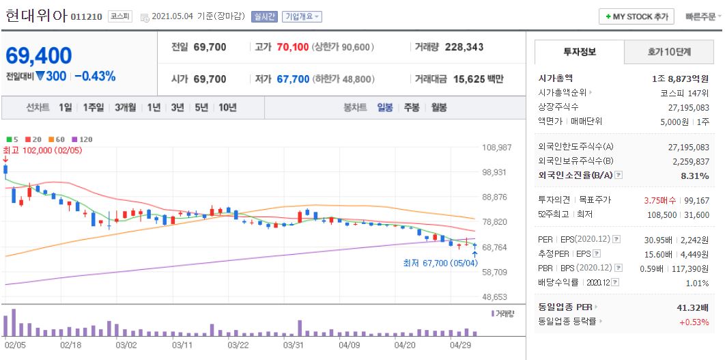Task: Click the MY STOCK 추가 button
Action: coord(636,16)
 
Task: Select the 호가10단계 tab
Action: coord(669,52)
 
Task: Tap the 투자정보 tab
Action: coord(580,52)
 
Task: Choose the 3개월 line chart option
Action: coord(126,108)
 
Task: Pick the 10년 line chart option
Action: coord(227,108)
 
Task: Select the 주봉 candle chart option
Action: coord(412,108)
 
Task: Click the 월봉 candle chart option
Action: coord(439,108)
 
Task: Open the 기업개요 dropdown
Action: coord(302,16)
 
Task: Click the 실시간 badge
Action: coord(264,16)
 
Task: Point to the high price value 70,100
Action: coord(293,47)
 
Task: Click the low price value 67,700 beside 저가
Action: coord(293,79)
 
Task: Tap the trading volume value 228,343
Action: coord(464,47)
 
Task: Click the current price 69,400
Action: coord(39,56)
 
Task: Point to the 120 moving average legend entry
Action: coord(83,139)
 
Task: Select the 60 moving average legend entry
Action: coord(57,139)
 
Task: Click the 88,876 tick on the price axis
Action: coord(497,197)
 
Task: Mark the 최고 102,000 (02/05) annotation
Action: coord(42,150)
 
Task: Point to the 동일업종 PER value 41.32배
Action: coord(693,307)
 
